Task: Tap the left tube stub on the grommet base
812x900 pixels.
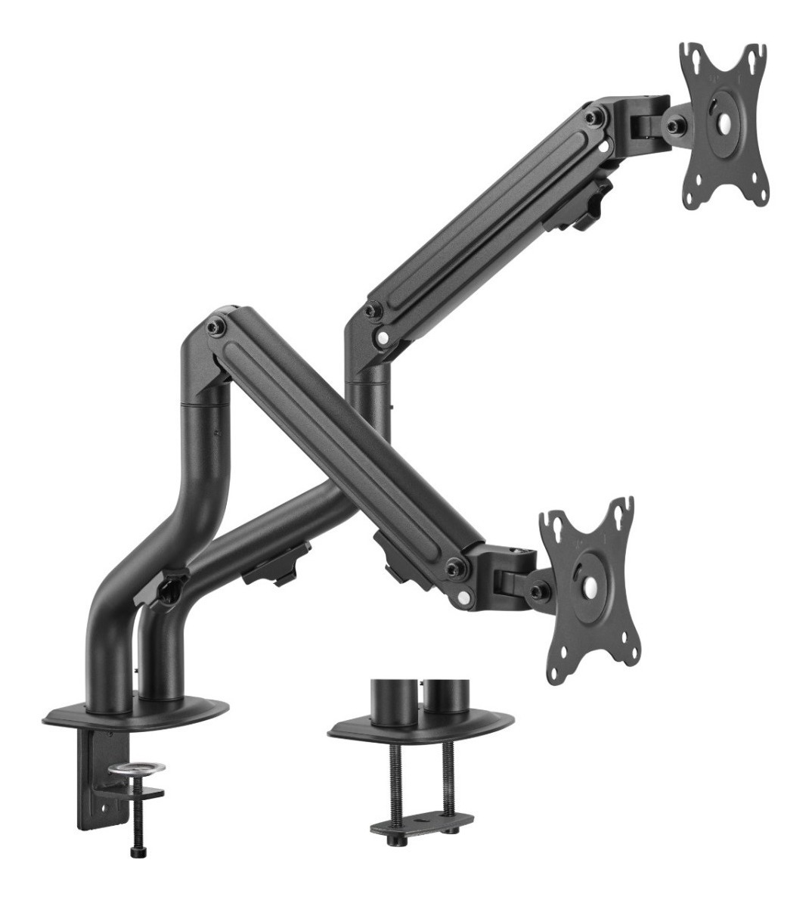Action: coord(393,702)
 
